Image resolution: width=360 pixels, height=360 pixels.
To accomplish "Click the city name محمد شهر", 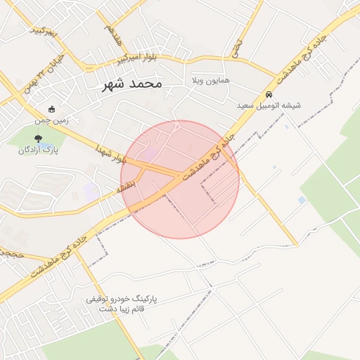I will point(131,84).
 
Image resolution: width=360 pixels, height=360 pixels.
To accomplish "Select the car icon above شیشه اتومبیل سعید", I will point(269,94).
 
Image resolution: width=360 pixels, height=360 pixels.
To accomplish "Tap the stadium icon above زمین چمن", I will point(51,109).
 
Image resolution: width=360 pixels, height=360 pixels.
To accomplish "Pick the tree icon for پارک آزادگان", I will point(38,139).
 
